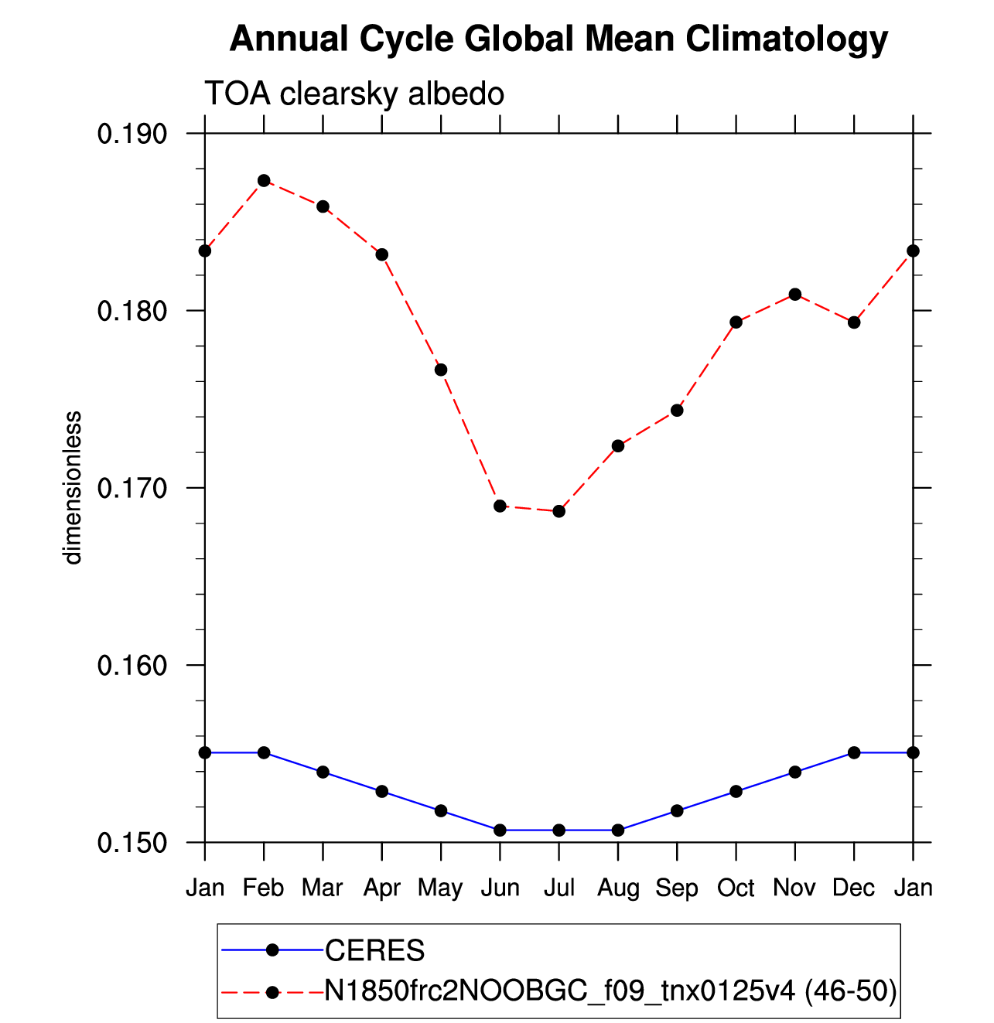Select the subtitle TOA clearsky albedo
pos(354,94)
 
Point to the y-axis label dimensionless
pos(72,488)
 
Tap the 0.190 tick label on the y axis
pos(125,134)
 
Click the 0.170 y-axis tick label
pos(125,488)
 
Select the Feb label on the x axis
pos(263,888)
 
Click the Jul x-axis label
pos(558,888)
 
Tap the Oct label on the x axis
pos(735,888)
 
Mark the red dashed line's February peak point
pos(264,181)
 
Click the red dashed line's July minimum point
pos(559,511)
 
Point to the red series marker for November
pos(795,295)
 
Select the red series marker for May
pos(441,370)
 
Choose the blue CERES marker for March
pos(323,772)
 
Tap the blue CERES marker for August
pos(618,830)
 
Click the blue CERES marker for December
pos(854,753)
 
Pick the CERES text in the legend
pos(374,950)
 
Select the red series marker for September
pos(677,411)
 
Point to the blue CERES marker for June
pos(500,830)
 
